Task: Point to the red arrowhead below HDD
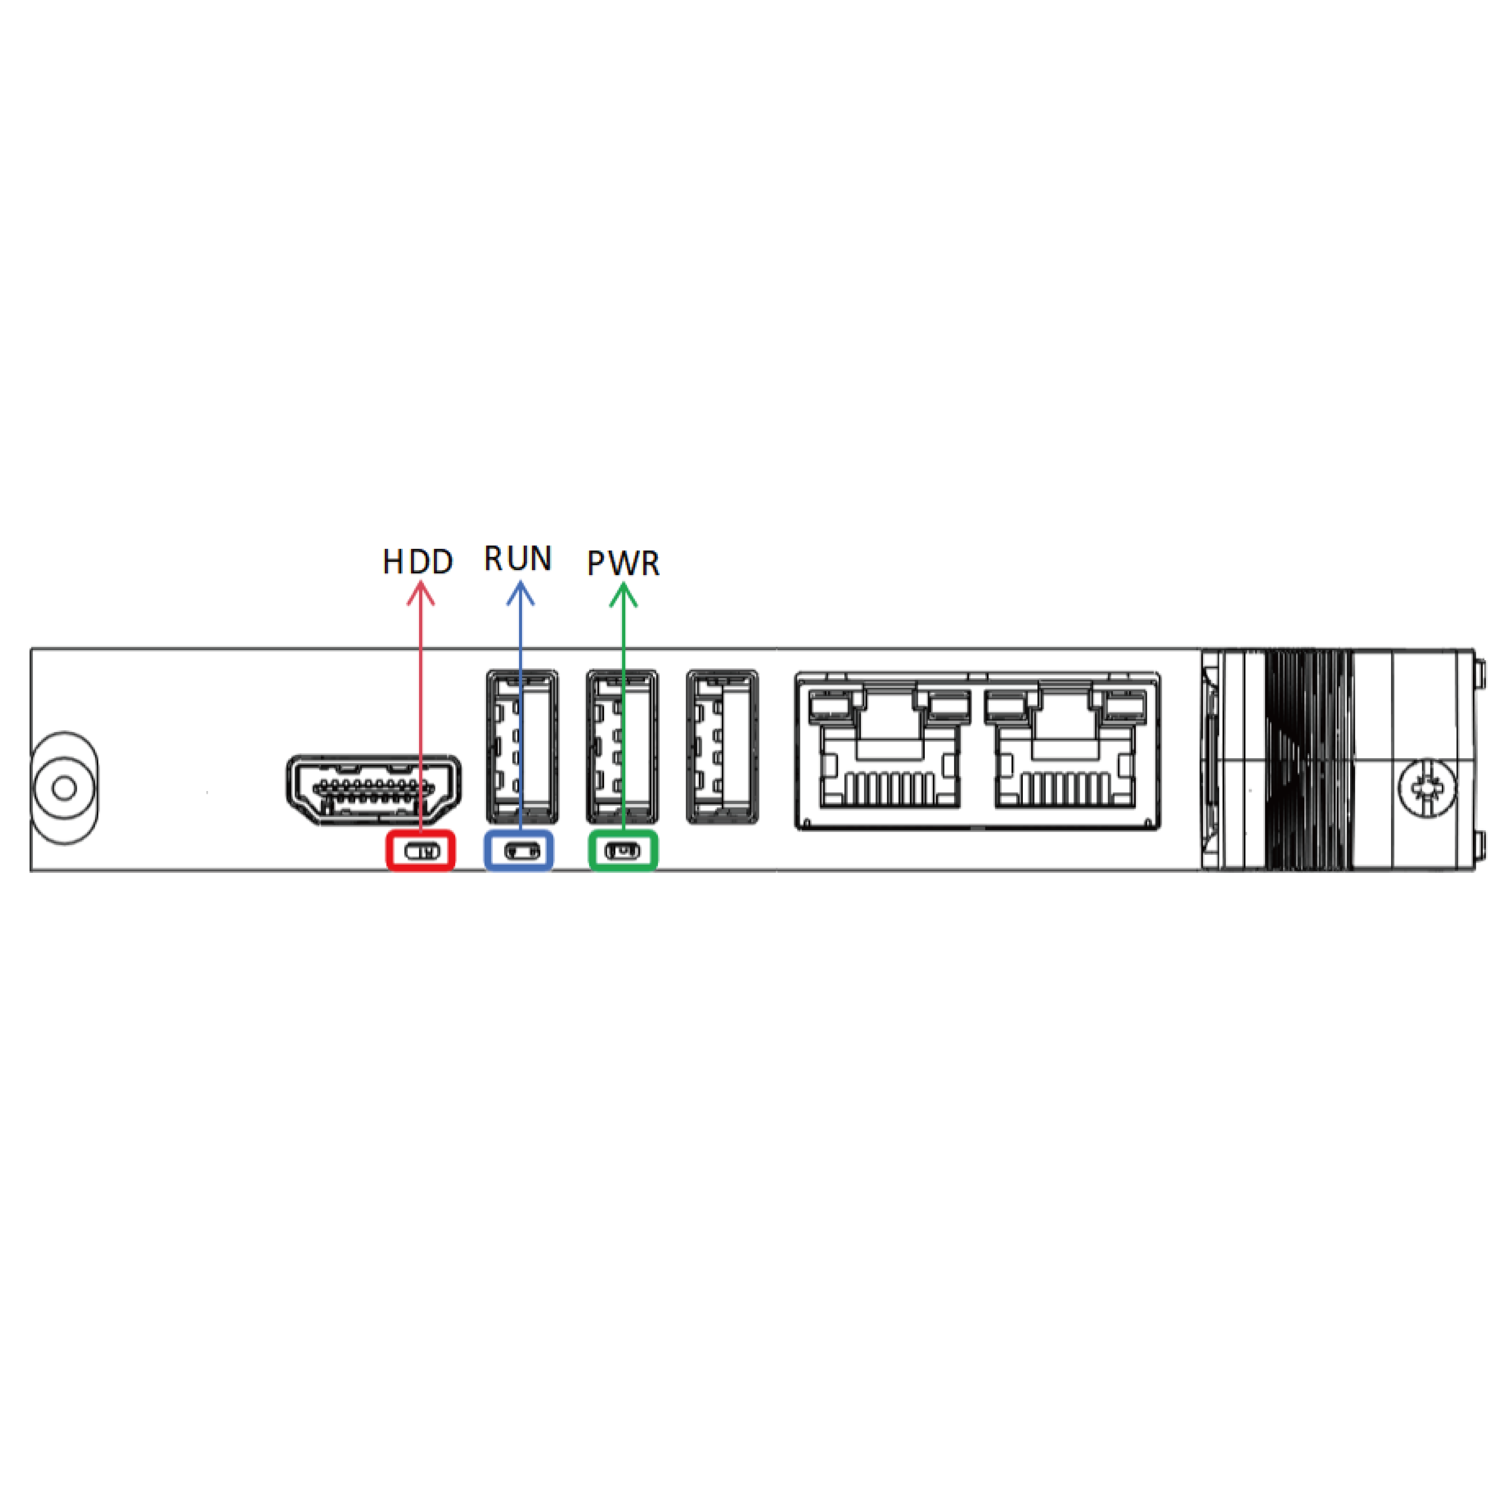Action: pyautogui.click(x=420, y=593)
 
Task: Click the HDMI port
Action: pyautogui.click(x=374, y=789)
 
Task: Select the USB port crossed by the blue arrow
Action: pyautogui.click(x=521, y=746)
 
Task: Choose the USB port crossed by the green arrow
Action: pyautogui.click(x=622, y=746)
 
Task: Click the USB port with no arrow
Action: pyautogui.click(x=722, y=746)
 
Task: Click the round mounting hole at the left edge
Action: pyautogui.click(x=65, y=788)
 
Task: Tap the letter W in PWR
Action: pyautogui.click(x=623, y=563)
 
